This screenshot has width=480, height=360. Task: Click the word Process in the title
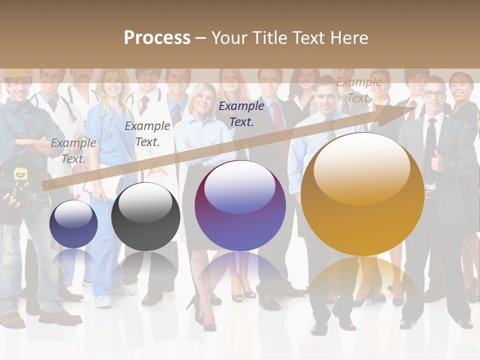[157, 38]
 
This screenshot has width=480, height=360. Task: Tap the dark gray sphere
[145, 216]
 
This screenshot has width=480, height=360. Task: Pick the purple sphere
[240, 205]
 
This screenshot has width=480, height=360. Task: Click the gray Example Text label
[73, 150]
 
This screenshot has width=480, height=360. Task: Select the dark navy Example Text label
[241, 113]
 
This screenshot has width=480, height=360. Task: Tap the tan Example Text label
[358, 90]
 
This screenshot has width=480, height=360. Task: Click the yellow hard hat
[18, 73]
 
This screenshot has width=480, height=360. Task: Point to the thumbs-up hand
[437, 161]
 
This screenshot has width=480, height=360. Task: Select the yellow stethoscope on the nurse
[106, 112]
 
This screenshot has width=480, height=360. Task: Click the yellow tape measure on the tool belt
[20, 175]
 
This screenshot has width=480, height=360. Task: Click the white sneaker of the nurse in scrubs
[103, 301]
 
